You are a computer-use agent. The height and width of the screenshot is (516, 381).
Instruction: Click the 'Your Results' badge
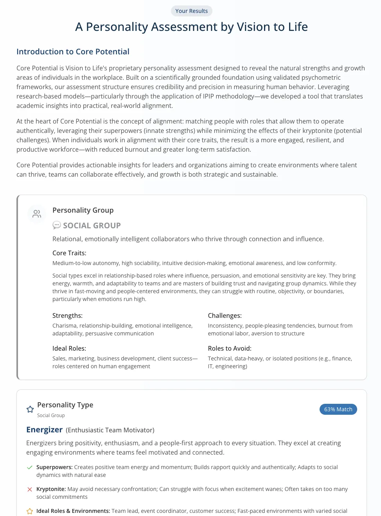pyautogui.click(x=191, y=11)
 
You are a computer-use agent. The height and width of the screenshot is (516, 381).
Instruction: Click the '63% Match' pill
pyautogui.click(x=338, y=409)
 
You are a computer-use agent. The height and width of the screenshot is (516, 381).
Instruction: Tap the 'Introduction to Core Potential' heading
pyautogui.click(x=73, y=52)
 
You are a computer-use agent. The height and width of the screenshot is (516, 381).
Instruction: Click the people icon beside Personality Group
pyautogui.click(x=37, y=214)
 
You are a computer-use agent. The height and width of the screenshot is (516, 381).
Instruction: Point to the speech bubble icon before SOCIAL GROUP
pyautogui.click(x=57, y=225)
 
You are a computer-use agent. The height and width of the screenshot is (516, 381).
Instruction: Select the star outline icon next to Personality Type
pyautogui.click(x=30, y=409)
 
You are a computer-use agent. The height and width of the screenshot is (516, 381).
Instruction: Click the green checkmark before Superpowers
pyautogui.click(x=29, y=467)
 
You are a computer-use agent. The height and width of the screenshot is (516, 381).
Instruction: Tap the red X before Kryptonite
pyautogui.click(x=29, y=489)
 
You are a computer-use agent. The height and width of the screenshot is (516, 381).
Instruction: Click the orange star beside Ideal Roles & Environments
pyautogui.click(x=29, y=511)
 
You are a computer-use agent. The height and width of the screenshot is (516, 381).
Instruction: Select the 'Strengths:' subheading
pyautogui.click(x=67, y=315)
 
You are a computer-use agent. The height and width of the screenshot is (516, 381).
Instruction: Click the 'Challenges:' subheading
pyautogui.click(x=225, y=315)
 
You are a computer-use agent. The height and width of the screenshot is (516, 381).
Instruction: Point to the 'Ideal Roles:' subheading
pyautogui.click(x=69, y=348)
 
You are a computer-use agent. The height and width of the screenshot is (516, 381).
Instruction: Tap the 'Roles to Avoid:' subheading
pyautogui.click(x=230, y=348)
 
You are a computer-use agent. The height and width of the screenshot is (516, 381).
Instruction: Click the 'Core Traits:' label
pyautogui.click(x=69, y=253)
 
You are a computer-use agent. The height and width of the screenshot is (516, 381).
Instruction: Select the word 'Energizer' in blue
pyautogui.click(x=44, y=430)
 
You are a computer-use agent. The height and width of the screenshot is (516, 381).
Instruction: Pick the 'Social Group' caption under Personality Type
pyautogui.click(x=51, y=416)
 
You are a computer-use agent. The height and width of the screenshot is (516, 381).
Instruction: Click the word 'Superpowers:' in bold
pyautogui.click(x=54, y=467)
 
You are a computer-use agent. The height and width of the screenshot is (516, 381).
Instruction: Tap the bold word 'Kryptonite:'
pyautogui.click(x=51, y=489)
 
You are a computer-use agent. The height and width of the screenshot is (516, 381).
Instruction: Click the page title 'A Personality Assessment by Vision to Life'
pyautogui.click(x=191, y=27)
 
